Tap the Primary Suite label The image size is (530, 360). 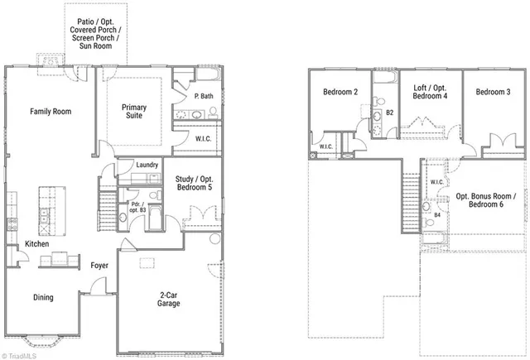[133, 112]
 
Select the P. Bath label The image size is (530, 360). [205, 97]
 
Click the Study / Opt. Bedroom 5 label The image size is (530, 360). [195, 181]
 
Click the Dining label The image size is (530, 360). [43, 298]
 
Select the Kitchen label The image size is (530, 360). [36, 244]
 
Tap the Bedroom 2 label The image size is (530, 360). [340, 92]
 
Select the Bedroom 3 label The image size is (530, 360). [493, 92]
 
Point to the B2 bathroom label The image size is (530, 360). [390, 112]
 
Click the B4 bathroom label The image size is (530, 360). [436, 216]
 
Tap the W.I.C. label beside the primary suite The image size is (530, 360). [206, 139]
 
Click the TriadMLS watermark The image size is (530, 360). [18, 354]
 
